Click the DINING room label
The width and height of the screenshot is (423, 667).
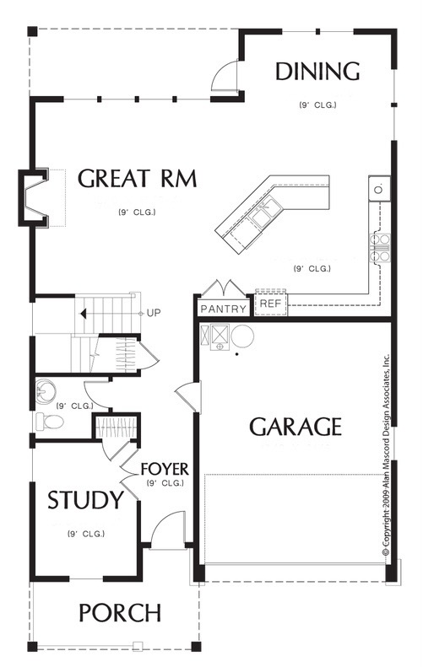click(317, 72)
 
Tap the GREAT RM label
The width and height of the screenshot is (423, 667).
click(137, 178)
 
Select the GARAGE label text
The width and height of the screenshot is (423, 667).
click(296, 427)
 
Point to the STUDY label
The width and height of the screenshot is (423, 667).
click(85, 500)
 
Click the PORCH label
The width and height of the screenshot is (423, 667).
click(120, 613)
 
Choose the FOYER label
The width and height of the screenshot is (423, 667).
click(165, 469)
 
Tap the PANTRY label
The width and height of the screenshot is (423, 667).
click(223, 309)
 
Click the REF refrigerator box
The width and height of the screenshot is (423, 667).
click(271, 304)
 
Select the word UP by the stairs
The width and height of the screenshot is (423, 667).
click(154, 313)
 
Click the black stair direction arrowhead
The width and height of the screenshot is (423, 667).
click(84, 314)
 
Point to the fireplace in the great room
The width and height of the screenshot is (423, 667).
click(34, 198)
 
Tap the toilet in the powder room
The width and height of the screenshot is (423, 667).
click(50, 422)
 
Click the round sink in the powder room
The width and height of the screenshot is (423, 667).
click(46, 390)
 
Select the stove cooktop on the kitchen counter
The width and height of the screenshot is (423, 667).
click(380, 248)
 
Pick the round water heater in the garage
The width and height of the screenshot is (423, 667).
click(242, 336)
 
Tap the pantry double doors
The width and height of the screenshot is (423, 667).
click(224, 288)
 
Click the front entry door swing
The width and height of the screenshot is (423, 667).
click(169, 530)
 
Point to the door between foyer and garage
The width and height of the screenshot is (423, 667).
click(187, 397)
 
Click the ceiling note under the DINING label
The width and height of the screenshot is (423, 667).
click(317, 105)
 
